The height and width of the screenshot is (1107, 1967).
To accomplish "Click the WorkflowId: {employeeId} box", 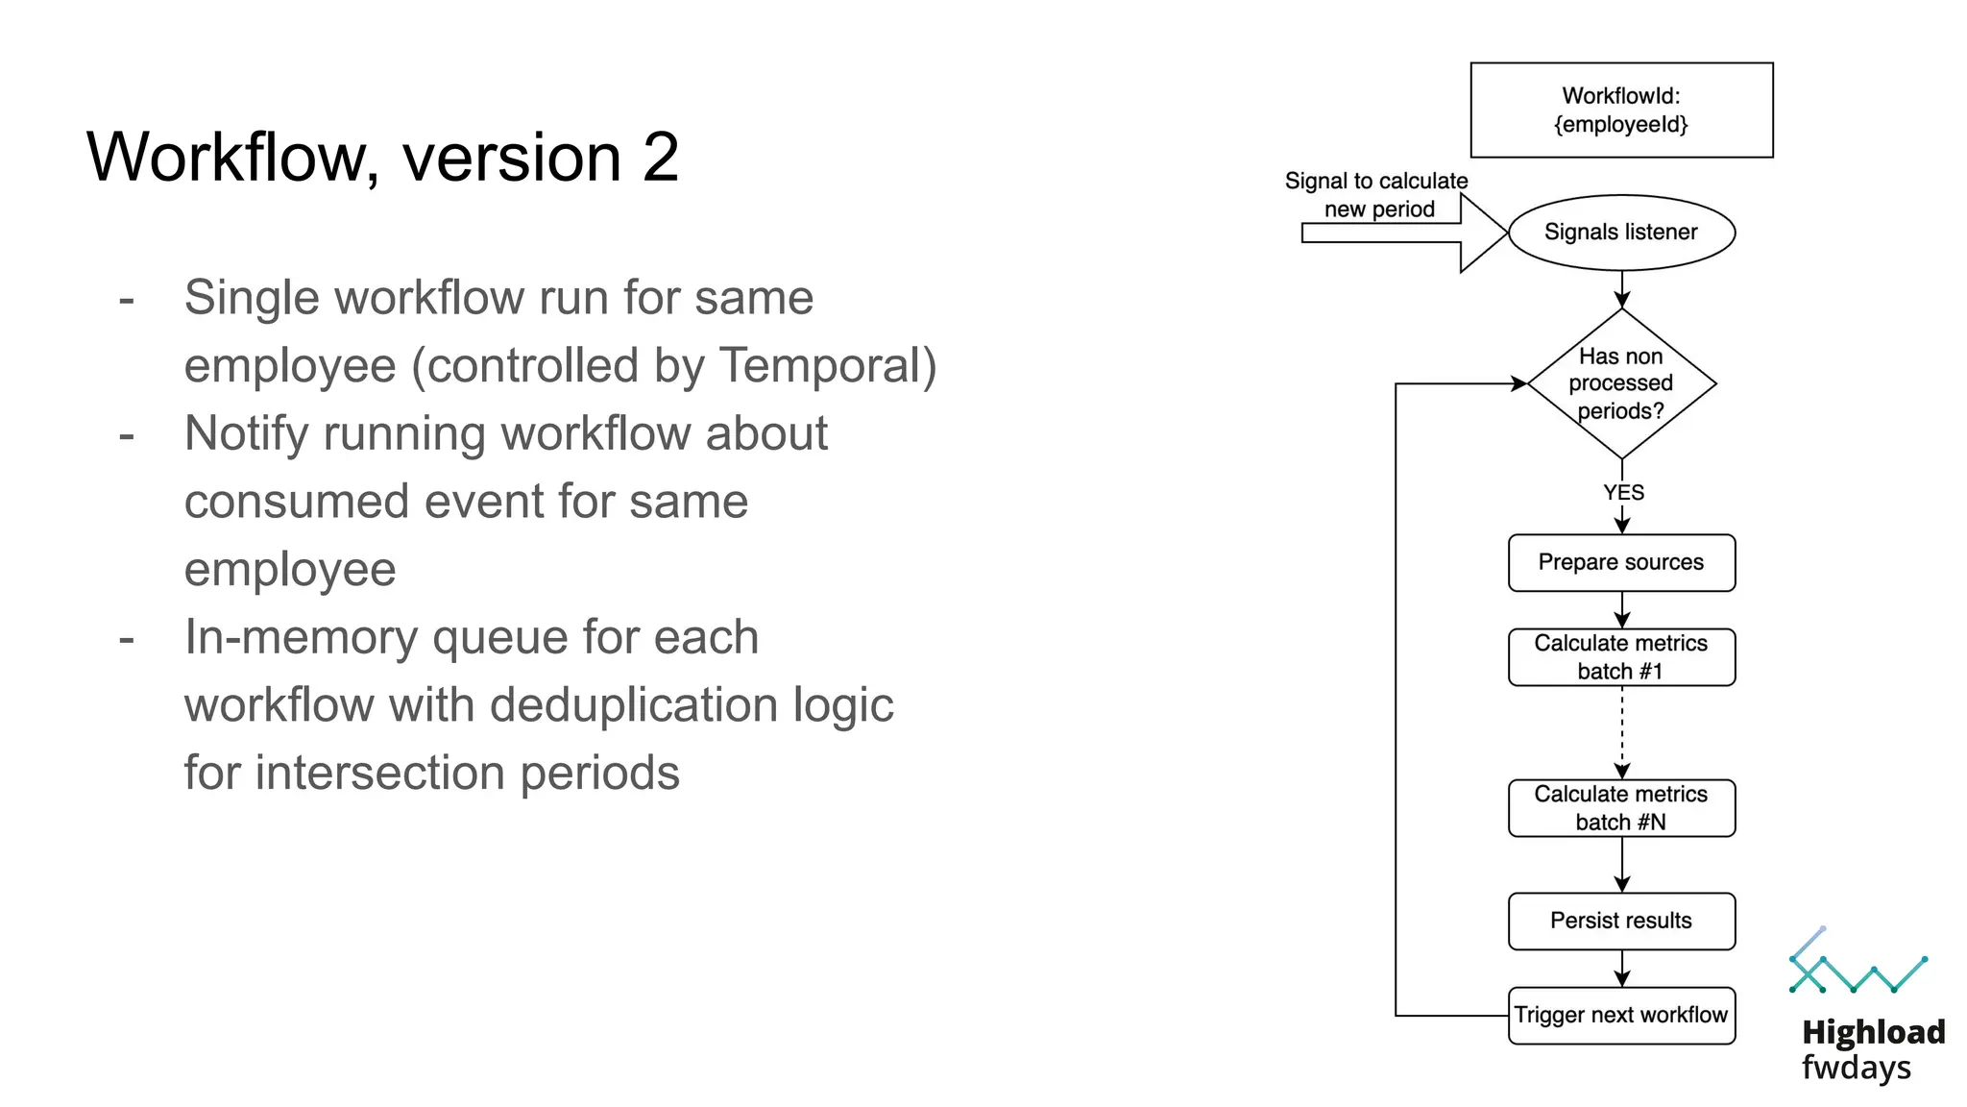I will point(1621,110).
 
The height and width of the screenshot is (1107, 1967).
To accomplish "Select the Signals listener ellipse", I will point(1621,233).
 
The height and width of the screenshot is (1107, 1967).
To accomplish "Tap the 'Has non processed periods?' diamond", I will point(1621,383).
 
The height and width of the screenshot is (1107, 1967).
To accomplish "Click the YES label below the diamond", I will point(1623,493).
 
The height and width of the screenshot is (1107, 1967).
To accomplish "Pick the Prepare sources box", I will point(1621,563).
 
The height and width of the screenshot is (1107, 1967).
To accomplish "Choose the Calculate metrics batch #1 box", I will point(1621,657).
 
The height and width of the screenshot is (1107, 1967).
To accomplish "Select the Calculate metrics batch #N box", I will point(1621,808).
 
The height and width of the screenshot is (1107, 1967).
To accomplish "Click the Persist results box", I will point(1621,921).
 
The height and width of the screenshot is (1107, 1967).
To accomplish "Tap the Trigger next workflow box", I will point(1621,1015).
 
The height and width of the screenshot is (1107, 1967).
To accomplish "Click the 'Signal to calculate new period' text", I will point(1376,195).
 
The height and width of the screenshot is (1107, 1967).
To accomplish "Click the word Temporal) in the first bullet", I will point(828,366).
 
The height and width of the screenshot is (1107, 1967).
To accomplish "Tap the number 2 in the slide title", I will point(661,157).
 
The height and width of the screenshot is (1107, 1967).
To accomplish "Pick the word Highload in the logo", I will point(1873,1032).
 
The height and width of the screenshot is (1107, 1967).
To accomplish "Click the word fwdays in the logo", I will point(1856,1068).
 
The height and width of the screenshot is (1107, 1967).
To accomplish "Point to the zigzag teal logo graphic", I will point(1858,966).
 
